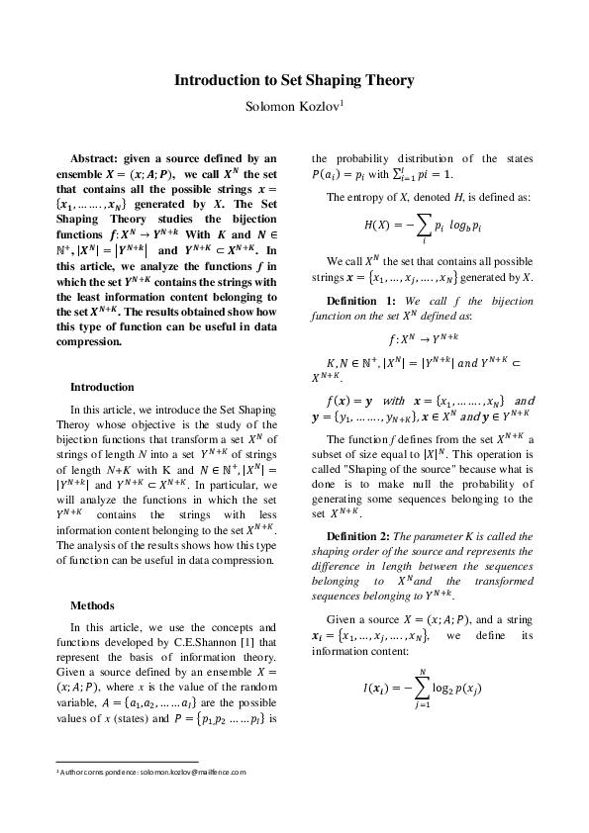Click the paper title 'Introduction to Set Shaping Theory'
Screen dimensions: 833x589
[294, 80]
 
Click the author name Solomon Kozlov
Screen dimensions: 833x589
[291, 106]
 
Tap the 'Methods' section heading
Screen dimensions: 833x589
[91, 604]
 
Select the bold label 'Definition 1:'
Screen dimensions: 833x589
[362, 300]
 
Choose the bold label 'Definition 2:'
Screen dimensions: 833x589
[362, 535]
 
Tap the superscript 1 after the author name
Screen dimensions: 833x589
[342, 102]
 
